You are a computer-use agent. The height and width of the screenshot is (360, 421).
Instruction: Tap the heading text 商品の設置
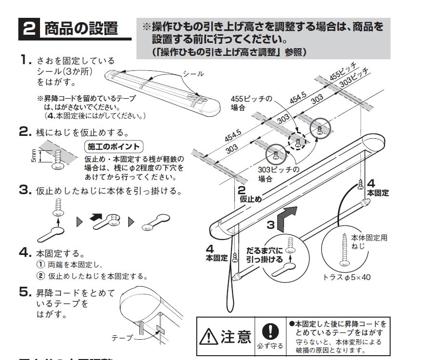81,28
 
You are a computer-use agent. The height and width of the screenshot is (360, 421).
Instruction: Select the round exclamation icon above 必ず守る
270,331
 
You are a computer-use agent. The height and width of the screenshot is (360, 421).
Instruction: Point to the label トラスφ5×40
347,277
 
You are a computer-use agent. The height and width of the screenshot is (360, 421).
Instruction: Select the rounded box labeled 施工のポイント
113,147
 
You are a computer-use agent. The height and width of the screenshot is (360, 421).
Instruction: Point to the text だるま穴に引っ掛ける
264,255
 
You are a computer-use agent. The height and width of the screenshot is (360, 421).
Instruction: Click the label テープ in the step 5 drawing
122,338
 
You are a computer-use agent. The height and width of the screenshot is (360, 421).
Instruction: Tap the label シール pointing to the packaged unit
193,74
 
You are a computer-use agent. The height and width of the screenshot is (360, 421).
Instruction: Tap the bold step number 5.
25,292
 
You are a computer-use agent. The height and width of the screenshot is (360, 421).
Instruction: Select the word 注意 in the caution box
236,337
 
